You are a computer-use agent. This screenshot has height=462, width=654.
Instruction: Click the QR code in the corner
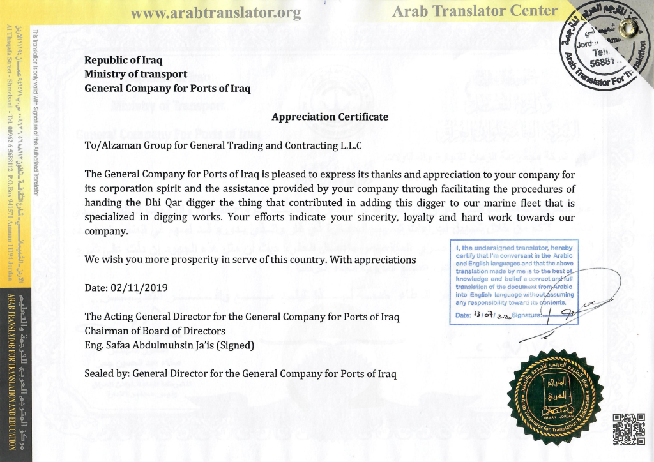click(628, 429)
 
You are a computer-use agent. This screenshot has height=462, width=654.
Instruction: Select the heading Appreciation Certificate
click(330, 117)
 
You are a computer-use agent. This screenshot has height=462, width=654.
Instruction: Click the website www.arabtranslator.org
click(215, 13)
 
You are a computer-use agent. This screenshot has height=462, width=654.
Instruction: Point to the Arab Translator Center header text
click(475, 11)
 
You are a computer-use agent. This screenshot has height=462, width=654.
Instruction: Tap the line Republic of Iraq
click(123, 61)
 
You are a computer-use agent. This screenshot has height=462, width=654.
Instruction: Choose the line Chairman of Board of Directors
click(155, 331)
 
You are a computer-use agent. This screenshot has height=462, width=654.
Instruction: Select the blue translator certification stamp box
click(513, 283)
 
